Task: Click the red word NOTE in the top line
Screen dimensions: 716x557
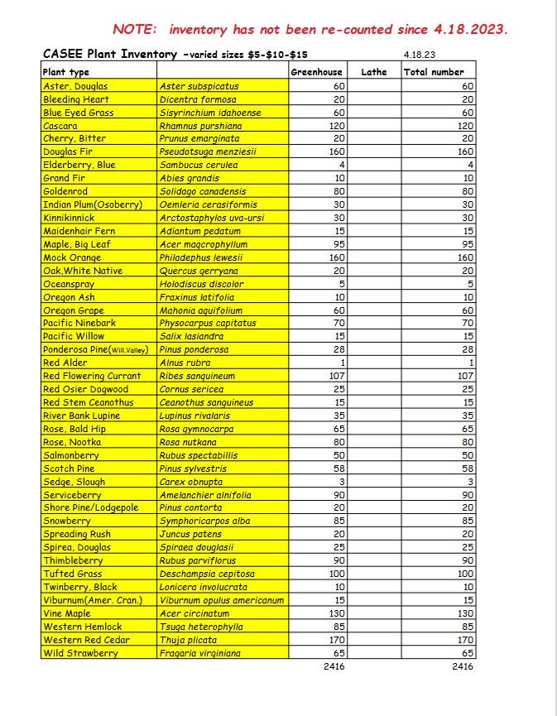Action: tap(134, 29)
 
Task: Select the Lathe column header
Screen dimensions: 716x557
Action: tap(374, 72)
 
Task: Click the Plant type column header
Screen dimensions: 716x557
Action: tap(66, 72)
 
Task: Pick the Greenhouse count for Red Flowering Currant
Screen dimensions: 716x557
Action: tap(336, 376)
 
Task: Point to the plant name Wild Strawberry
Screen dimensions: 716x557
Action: tap(80, 653)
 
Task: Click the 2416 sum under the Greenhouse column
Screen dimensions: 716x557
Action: tap(334, 666)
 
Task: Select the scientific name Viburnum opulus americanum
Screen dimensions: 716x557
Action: tap(221, 600)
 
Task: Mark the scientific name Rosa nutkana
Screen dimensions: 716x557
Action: tap(186, 442)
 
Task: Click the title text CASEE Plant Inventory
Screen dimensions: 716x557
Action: tap(108, 54)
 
